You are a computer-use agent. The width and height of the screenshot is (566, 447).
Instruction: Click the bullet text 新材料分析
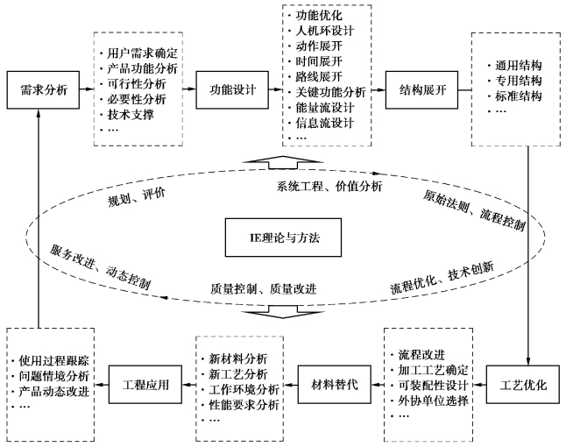(237, 359)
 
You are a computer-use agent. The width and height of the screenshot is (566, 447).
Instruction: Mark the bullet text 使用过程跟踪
(52, 361)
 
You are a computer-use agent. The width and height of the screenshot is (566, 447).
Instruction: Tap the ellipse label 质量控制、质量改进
(263, 287)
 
